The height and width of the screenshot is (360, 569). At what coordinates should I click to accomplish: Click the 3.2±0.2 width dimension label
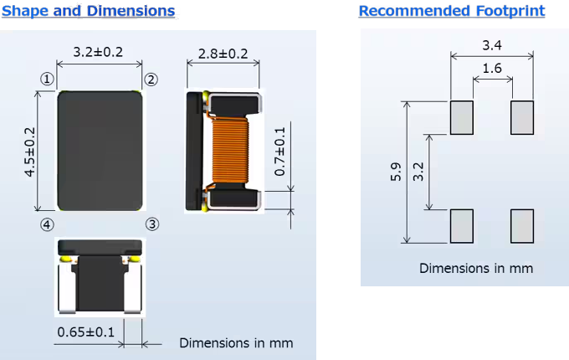(98, 52)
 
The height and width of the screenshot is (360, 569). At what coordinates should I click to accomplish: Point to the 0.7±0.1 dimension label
(279, 150)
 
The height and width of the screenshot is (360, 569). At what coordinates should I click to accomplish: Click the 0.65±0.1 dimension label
(86, 332)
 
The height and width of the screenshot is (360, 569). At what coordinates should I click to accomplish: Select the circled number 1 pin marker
(48, 79)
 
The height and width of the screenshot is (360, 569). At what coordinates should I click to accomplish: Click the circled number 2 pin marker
(151, 80)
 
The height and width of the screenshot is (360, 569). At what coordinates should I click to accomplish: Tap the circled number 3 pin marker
(152, 224)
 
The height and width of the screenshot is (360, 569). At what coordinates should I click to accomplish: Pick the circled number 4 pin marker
(48, 224)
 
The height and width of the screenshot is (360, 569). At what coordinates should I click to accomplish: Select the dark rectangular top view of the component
(99, 151)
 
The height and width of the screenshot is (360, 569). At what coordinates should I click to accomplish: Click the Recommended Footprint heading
(451, 11)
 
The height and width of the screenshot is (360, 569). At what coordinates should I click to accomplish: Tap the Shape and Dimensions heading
(89, 11)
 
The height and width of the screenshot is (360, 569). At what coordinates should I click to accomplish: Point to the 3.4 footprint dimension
(492, 44)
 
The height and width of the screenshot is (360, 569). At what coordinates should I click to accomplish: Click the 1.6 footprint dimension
(492, 69)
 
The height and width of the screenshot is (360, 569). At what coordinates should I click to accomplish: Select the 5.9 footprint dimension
(396, 172)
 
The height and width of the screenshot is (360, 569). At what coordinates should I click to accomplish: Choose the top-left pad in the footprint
(462, 117)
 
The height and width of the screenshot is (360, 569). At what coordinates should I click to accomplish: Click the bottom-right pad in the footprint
(522, 225)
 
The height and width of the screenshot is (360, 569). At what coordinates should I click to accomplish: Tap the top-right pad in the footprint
(522, 117)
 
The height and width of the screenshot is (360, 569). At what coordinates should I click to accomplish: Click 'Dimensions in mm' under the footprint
(475, 268)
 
